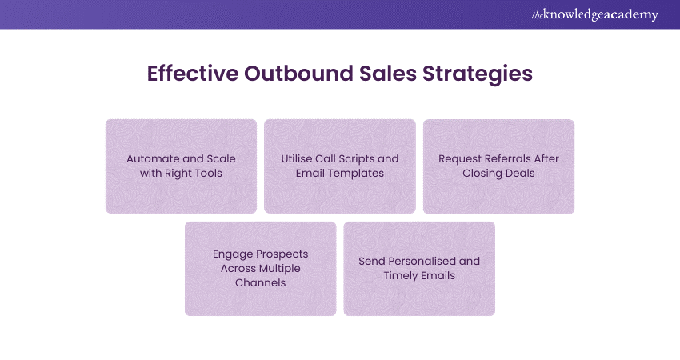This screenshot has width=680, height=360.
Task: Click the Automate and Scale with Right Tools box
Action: coord(181,166)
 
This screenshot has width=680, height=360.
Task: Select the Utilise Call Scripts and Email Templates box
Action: coord(339,166)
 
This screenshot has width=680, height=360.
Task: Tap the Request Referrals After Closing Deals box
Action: coord(498,166)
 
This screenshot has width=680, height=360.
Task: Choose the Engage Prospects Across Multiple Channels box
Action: coord(260,269)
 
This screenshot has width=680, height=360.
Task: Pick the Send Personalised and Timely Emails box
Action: coord(419,269)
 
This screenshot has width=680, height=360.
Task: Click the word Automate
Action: coord(152,159)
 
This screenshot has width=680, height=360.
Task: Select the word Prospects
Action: coord(280,254)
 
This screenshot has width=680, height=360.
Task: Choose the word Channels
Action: coord(260,283)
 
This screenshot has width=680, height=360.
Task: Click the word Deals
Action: coord(519,174)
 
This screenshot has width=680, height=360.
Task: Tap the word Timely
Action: coord(401,276)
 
